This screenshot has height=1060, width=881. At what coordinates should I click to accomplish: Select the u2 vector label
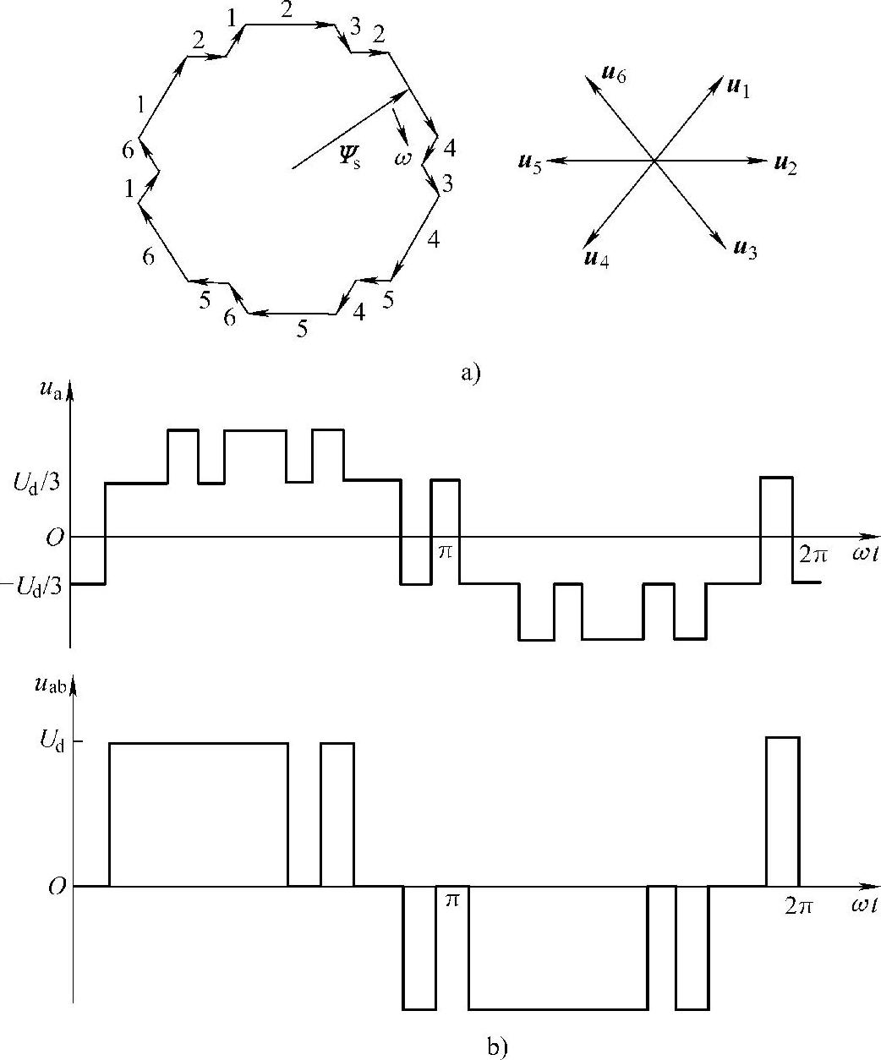point(785,162)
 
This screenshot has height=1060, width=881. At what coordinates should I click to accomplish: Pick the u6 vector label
point(613,74)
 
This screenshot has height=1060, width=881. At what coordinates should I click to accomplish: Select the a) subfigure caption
point(470,372)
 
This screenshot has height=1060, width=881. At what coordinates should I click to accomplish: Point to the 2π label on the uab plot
point(797,906)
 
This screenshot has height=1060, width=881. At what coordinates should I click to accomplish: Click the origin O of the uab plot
point(57,888)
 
